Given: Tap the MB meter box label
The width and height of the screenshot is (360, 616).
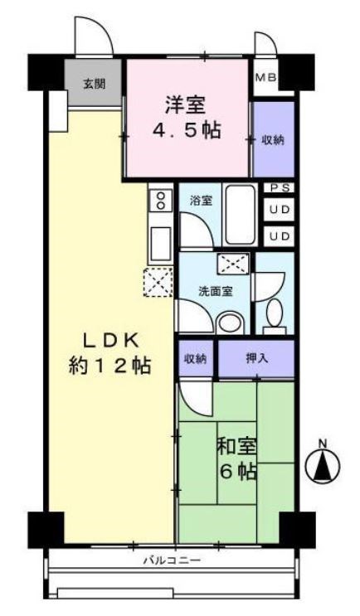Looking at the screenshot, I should coord(265,79).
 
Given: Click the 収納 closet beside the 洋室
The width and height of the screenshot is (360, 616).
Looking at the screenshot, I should coord(273,140).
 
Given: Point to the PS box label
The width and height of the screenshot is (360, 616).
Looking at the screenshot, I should coord(280,188).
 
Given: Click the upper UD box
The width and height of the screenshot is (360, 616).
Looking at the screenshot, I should coord(280,211).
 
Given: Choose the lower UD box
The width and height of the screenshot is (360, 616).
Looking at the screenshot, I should coord(280,236).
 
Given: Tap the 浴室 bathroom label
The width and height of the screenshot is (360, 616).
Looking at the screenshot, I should coord(201,200).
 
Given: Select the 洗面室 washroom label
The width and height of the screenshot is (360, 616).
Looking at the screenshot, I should coord(214,291).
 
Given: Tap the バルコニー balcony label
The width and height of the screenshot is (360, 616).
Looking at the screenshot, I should coord(172,561).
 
